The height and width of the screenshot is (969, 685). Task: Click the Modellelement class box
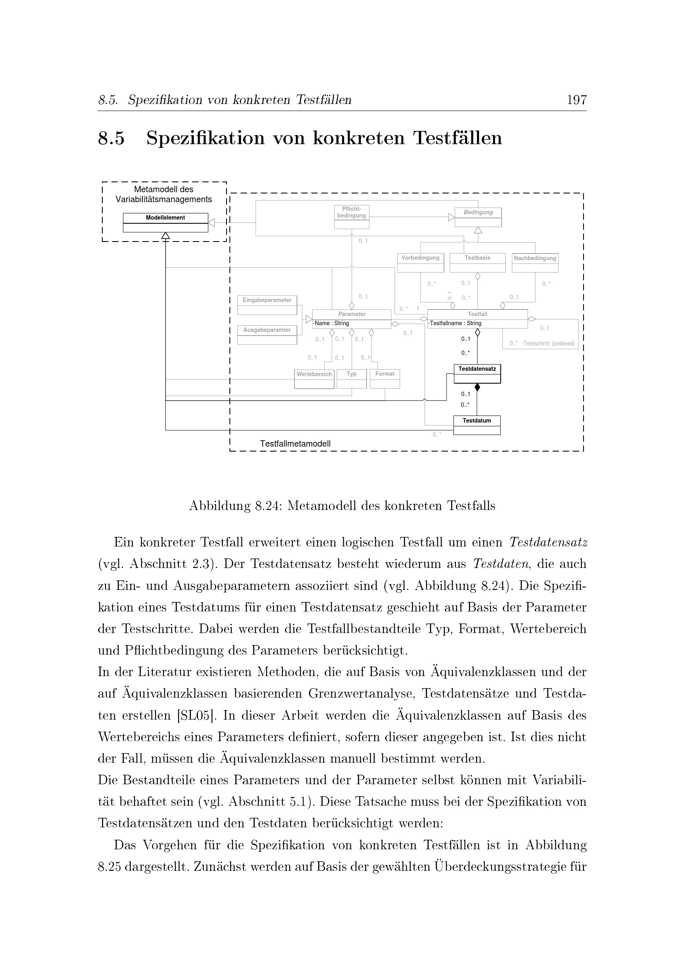point(165,222)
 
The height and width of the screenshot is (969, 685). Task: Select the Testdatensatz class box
point(477,374)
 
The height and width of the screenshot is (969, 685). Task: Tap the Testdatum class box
point(477,425)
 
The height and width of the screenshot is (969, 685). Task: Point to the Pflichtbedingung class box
point(351,217)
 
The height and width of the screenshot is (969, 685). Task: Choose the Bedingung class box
point(478,217)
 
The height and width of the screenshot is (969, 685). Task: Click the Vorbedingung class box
point(420,263)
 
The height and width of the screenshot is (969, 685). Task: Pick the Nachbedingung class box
point(535,263)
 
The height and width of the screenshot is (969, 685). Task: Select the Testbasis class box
point(478,263)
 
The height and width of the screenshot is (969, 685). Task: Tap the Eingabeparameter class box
point(267,305)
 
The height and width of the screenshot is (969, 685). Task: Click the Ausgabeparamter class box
point(267,335)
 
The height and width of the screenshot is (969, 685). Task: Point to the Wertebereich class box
point(314,379)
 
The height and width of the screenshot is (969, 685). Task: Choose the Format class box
point(385,379)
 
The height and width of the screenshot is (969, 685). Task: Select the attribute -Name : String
point(331,324)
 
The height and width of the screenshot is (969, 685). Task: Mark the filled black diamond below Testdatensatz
point(477,387)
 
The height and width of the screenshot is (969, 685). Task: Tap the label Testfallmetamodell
point(295,444)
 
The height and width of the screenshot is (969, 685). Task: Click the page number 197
point(576,100)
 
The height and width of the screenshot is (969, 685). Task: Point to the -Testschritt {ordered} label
point(548,343)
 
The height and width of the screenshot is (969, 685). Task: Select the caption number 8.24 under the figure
point(265,505)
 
